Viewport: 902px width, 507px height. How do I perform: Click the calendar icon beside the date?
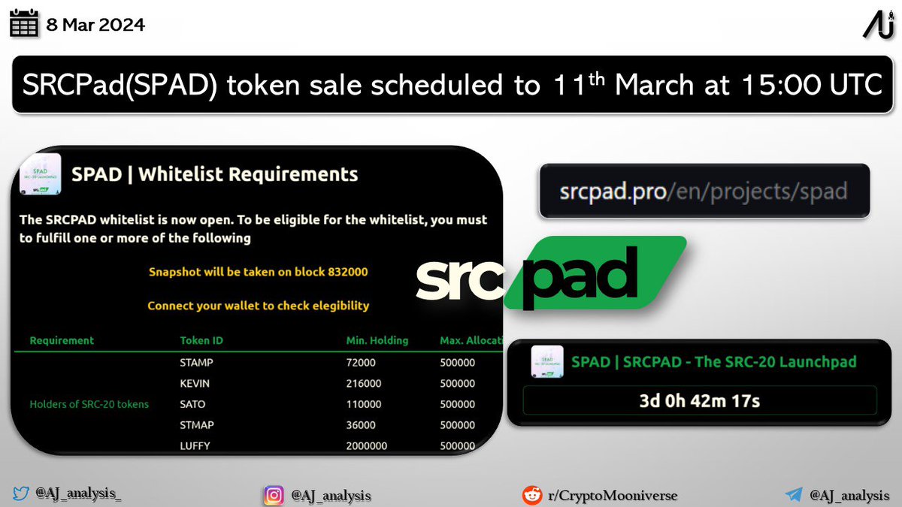coord(24,25)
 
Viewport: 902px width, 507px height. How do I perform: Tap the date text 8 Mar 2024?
coord(95,25)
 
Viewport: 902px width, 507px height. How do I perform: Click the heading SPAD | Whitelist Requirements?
coord(214,174)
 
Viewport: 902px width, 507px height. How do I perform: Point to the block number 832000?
coord(347,272)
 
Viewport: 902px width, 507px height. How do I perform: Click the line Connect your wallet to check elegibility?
coord(258,306)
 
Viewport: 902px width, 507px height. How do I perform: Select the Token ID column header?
coord(201,340)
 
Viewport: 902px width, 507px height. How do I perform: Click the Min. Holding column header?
coord(377,340)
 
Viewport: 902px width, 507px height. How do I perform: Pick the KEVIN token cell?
coord(195,383)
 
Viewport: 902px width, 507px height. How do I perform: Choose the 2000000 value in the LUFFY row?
coord(367,445)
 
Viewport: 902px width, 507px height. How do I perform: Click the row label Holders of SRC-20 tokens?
coord(89,404)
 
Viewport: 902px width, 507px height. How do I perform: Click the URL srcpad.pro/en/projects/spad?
coord(704,192)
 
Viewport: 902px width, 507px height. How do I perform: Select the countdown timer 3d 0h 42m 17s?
coord(698,400)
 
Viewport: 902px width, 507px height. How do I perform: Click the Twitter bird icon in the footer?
coord(21,494)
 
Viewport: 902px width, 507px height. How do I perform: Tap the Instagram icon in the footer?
coord(274,496)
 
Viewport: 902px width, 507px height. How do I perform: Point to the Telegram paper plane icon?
coord(794,495)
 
